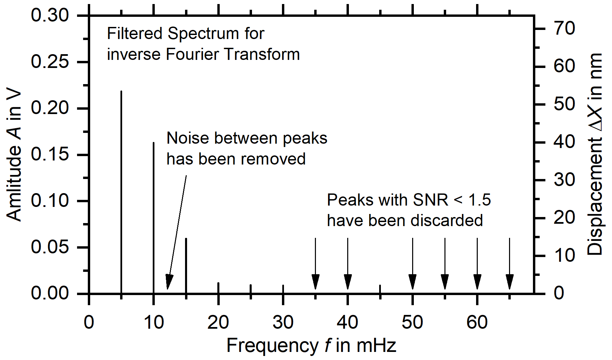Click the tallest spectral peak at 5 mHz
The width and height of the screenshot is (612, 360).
[x=121, y=192]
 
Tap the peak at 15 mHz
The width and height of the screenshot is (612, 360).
[x=186, y=266]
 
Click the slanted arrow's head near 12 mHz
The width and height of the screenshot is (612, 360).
[x=169, y=282]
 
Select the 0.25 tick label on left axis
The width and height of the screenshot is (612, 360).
[x=50, y=62]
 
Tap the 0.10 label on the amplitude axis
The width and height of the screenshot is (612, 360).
[x=50, y=201]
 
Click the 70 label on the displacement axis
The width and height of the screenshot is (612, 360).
[x=564, y=28]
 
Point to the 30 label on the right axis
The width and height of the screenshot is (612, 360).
[x=564, y=180]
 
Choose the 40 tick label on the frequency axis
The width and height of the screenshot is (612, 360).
[x=348, y=322]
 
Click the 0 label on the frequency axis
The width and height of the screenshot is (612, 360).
[x=89, y=322]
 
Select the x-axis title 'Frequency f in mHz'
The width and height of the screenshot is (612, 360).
[x=311, y=346]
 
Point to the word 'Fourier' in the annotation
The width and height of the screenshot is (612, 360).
[x=193, y=54]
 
